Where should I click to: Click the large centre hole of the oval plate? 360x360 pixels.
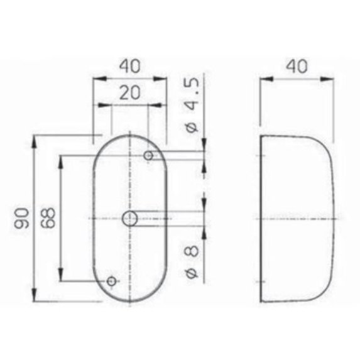(129, 218)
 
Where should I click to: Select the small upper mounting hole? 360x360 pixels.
(149, 155)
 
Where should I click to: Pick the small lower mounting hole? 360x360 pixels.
(111, 281)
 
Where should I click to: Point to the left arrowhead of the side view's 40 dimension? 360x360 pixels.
(265, 79)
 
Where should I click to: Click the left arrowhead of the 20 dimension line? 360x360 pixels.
(114, 106)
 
